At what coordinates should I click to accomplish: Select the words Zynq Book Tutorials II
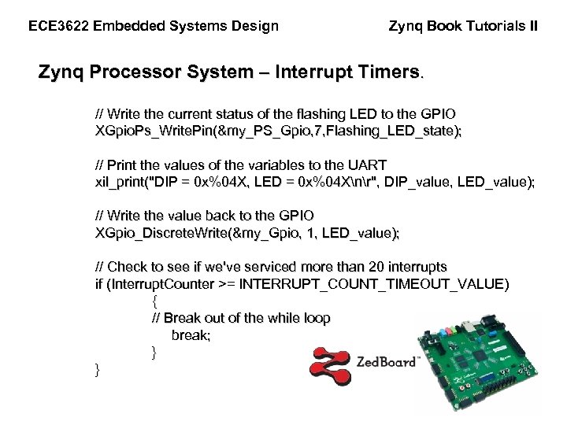tap(464, 26)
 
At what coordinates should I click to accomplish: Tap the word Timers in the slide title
tap(391, 73)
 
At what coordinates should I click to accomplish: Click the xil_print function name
tap(115, 182)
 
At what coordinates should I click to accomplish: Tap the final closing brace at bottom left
tap(97, 369)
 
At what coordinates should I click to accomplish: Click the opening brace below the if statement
tap(154, 301)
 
